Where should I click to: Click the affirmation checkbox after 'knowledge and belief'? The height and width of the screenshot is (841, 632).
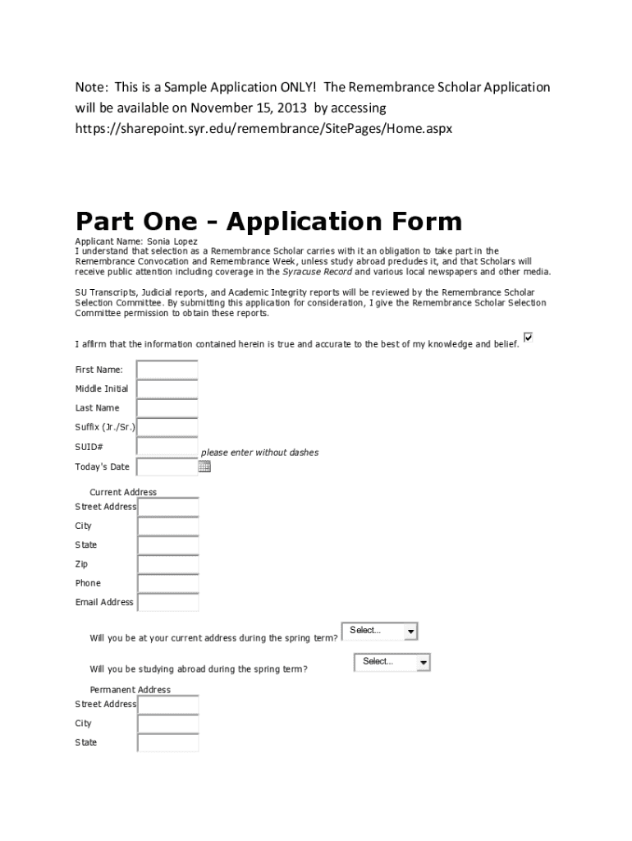click(x=529, y=338)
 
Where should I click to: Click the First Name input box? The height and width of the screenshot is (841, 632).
click(x=167, y=370)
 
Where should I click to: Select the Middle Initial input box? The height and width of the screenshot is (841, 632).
click(x=167, y=388)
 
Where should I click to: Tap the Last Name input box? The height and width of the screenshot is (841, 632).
click(x=167, y=408)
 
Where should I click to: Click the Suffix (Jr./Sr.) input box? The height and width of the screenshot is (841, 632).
click(x=167, y=427)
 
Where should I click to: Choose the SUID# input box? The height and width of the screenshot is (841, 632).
click(x=167, y=447)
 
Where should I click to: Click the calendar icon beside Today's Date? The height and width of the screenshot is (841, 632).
click(x=204, y=467)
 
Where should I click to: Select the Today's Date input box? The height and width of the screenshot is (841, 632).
click(x=167, y=467)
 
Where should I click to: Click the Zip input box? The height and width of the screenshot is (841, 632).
click(x=168, y=564)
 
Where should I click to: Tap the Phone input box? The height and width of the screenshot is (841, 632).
click(x=168, y=583)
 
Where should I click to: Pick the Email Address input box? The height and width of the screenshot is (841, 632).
click(x=168, y=603)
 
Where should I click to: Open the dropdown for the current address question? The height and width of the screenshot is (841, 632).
click(x=379, y=631)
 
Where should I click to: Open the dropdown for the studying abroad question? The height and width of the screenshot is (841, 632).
click(x=392, y=662)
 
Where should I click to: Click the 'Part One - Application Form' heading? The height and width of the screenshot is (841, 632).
click(x=268, y=221)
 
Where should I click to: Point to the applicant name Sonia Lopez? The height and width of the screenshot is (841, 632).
click(x=172, y=241)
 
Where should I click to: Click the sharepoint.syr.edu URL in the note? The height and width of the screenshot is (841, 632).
click(x=264, y=129)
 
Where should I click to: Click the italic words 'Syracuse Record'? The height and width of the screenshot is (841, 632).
click(x=317, y=272)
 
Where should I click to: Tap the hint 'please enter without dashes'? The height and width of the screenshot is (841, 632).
click(x=259, y=453)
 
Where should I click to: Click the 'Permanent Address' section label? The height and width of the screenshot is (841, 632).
click(x=130, y=690)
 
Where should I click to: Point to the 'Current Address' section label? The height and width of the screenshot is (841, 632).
click(x=123, y=492)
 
